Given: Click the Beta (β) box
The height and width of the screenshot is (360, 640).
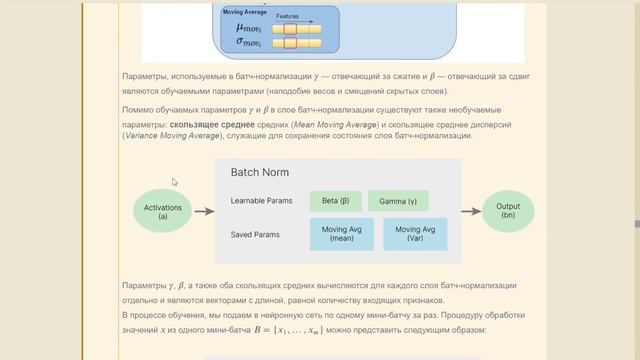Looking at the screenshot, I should tap(335, 201).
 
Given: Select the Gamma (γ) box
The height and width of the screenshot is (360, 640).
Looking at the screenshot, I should tap(398, 201).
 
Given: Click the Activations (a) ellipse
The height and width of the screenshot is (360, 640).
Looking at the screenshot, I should tap(163, 211).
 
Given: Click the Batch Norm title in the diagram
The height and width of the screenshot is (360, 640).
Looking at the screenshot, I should tap(260, 172).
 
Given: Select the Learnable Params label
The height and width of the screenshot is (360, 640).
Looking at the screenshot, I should tap(261, 201).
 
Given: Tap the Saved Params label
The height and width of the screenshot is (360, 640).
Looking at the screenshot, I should tap(255, 235).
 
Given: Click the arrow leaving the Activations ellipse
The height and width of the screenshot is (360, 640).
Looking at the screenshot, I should tap(204, 211).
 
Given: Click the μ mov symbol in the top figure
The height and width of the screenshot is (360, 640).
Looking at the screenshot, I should tap(248, 29).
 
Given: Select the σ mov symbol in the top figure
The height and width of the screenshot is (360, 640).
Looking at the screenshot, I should tap(248, 45).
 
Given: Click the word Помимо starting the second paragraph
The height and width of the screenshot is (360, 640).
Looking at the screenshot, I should tap(138, 109).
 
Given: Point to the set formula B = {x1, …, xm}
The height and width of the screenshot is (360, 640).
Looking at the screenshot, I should tap(289, 329).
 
